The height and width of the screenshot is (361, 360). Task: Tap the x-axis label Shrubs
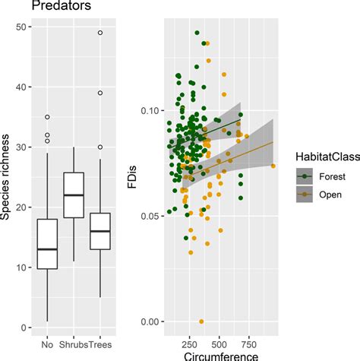(73, 343)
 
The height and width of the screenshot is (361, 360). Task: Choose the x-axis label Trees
(99, 343)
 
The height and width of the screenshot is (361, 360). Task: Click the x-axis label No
(47, 343)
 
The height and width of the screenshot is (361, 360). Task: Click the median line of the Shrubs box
(73, 195)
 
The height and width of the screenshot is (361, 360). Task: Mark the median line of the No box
(47, 249)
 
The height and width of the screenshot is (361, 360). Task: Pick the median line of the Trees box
(99, 231)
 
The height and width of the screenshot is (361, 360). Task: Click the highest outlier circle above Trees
(99, 33)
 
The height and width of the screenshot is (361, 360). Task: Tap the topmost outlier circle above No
(47, 117)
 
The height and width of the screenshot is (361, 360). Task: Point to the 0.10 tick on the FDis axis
(154, 111)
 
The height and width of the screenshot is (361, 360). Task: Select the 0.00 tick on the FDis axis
(154, 321)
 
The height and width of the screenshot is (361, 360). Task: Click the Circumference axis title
(214, 355)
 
